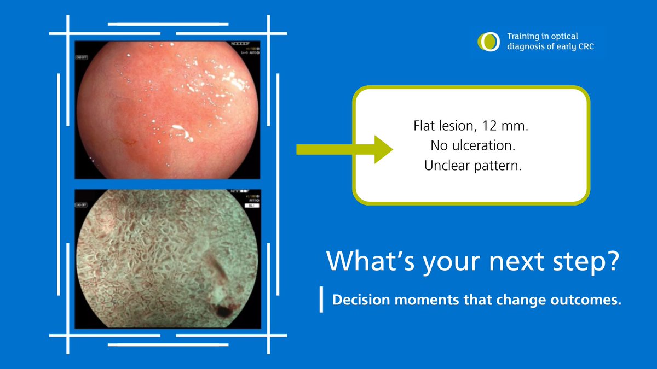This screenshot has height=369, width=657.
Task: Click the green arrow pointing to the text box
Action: tap(344, 149)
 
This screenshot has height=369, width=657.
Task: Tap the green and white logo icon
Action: tap(488, 42)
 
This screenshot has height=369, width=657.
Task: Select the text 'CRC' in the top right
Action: tap(584, 47)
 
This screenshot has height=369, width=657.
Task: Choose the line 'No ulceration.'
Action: tap(472, 147)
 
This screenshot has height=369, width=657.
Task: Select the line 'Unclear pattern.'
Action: tap(472, 166)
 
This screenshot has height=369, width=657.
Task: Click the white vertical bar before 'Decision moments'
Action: tap(322, 300)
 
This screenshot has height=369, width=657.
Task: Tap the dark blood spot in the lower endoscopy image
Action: tap(223, 311)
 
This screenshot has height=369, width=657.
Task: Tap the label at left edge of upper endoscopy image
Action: tap(82, 57)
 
